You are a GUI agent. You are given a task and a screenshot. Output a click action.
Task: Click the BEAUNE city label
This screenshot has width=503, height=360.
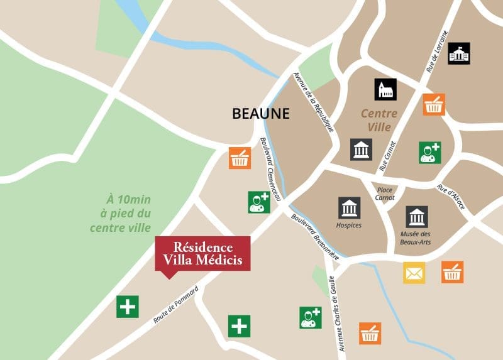pyautogui.click(x=261, y=114)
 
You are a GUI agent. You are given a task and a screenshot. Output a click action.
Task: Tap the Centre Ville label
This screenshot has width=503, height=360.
pyautogui.click(x=379, y=120)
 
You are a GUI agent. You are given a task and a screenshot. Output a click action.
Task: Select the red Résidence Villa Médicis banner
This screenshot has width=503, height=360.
pyautogui.click(x=202, y=253)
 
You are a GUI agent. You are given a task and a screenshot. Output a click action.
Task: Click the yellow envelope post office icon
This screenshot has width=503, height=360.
pyautogui.click(x=414, y=272)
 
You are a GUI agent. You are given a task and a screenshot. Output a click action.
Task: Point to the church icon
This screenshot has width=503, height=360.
pyautogui.click(x=385, y=90)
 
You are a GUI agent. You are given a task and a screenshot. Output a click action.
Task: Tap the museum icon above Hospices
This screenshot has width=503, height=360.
pyautogui.click(x=349, y=208)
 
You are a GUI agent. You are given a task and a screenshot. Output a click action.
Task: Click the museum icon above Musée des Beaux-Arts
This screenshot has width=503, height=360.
pyautogui.click(x=416, y=217)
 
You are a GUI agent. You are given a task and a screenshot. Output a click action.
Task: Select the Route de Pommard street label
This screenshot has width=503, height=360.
pyautogui.click(x=175, y=305)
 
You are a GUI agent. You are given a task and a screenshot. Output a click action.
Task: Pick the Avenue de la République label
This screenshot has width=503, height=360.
pyautogui.click(x=312, y=100)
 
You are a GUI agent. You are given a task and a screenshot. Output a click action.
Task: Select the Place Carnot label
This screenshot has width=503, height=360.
pyautogui.click(x=385, y=193)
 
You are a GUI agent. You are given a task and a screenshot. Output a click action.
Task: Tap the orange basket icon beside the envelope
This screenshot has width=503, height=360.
pyautogui.click(x=452, y=272)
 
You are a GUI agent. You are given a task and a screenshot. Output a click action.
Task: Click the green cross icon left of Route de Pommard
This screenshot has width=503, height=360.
pyautogui.click(x=127, y=306)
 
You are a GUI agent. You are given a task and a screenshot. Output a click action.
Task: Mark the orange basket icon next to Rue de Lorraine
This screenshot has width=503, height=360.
pyautogui.click(x=433, y=104)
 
